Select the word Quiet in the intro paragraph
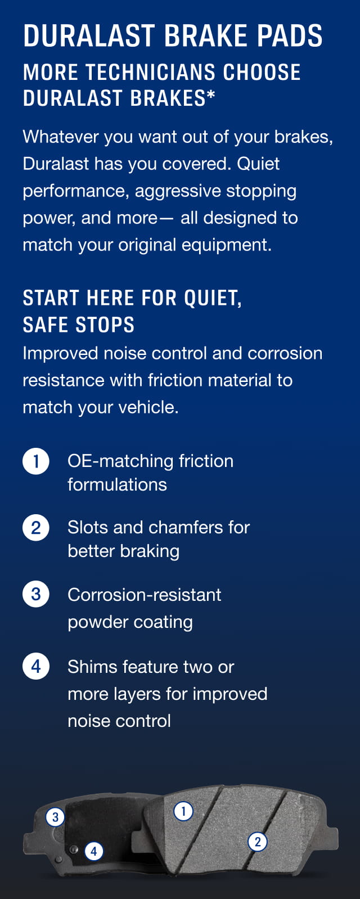pos(258,164)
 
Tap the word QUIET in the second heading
pos(213,298)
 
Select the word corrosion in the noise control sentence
pos(285,353)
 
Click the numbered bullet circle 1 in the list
pos(36,461)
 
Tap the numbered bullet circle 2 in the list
pos(36,528)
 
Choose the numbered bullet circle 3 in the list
pos(36,594)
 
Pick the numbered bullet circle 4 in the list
pos(36,667)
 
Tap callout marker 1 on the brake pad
pos(183,811)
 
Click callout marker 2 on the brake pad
pos(258,842)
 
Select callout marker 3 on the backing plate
pos(55,817)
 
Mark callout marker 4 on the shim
pos(94,851)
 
